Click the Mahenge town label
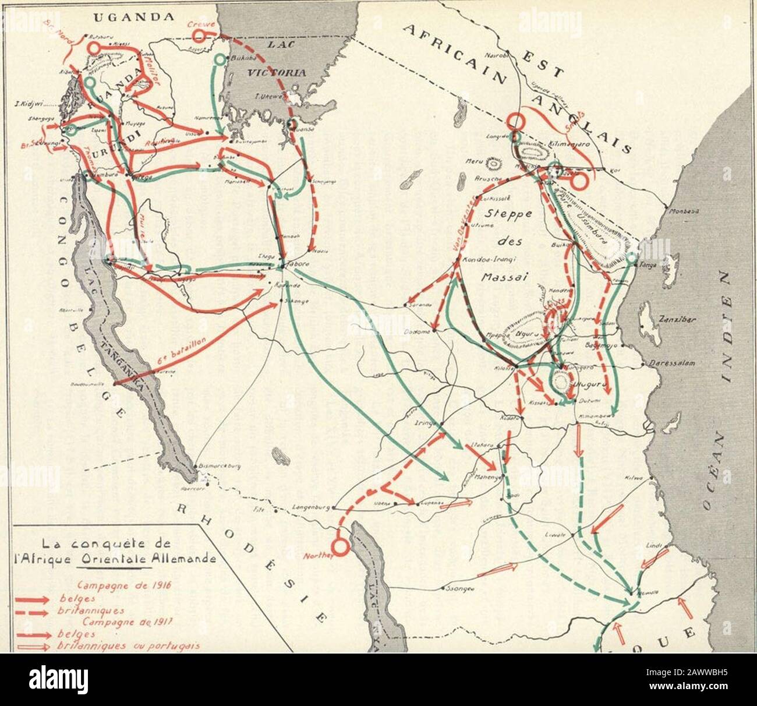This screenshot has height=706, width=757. [484, 476]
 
